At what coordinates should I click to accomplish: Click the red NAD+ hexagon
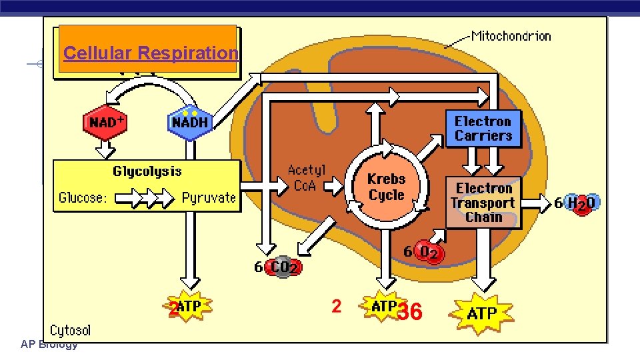pos(105,122)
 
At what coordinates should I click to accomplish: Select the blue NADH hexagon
pos(190,122)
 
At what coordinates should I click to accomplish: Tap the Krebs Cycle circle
pos(386,187)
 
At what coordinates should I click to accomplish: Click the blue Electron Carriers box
pos(483,129)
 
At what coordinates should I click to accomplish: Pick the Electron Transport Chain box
pos(483,203)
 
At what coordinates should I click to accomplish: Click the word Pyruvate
pos(209,197)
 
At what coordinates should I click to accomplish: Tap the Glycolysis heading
pos(147,171)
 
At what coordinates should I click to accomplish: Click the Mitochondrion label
pos(511,35)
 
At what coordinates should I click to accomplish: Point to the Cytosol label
pos(70,330)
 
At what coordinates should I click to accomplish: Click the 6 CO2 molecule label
pos(278,267)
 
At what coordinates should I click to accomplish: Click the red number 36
pos(409,311)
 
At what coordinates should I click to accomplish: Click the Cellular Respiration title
pos(150,53)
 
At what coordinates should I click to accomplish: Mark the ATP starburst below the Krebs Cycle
pos(383,307)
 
